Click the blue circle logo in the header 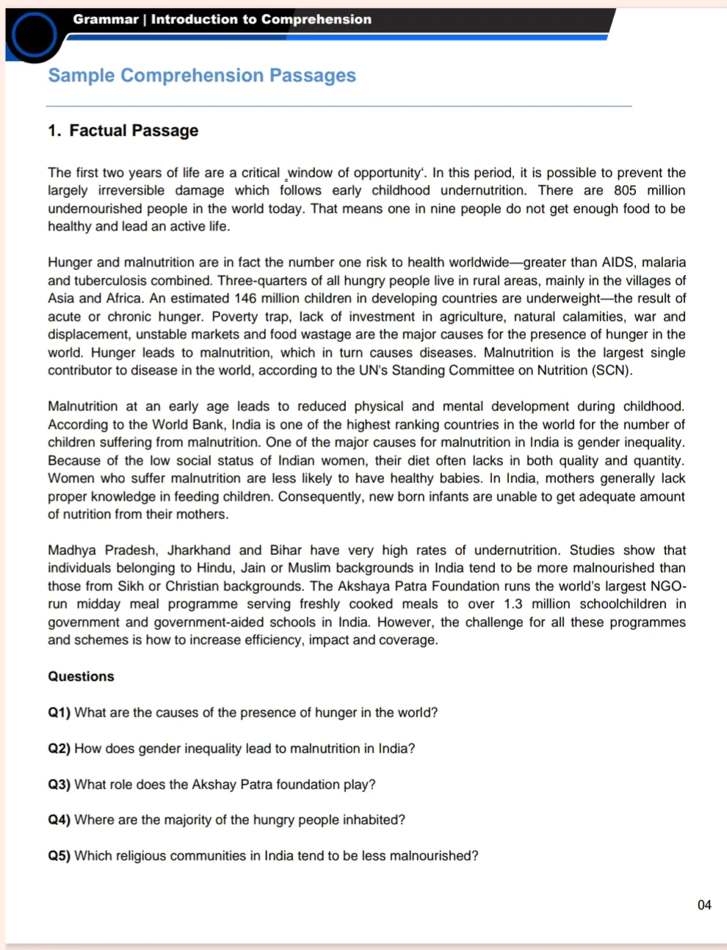coord(34,35)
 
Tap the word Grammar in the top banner coord(106,19)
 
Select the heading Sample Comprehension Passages coord(202,76)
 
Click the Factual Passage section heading coord(133,131)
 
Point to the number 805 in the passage coord(625,190)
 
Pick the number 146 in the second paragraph coord(245,298)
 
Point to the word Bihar coord(286,550)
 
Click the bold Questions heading coord(81,676)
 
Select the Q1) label coord(59,712)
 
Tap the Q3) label coord(59,784)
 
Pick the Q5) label coord(59,855)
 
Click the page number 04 coord(704,904)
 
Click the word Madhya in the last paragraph coord(71,550)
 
